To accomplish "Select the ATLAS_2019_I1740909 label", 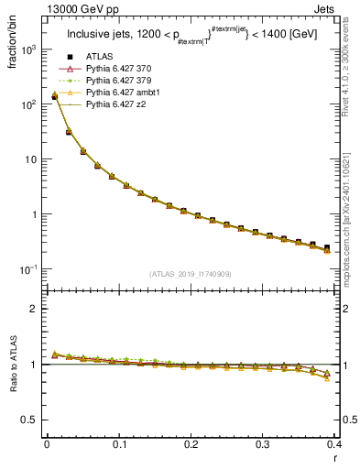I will pyautogui.click(x=189, y=273).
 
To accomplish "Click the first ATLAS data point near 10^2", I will pyautogui.click(x=54, y=96).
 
